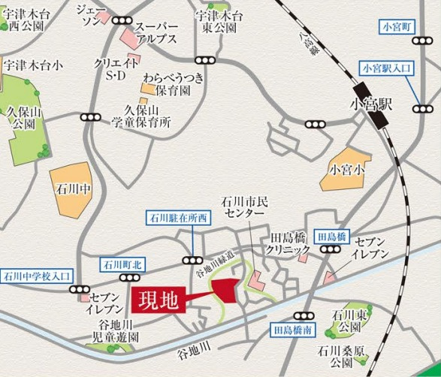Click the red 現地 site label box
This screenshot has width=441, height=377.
[x=158, y=301]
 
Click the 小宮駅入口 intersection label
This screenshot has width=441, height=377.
[x=388, y=68]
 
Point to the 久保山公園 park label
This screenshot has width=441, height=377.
[x=20, y=116]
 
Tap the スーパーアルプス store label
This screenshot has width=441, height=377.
[x=156, y=33]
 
